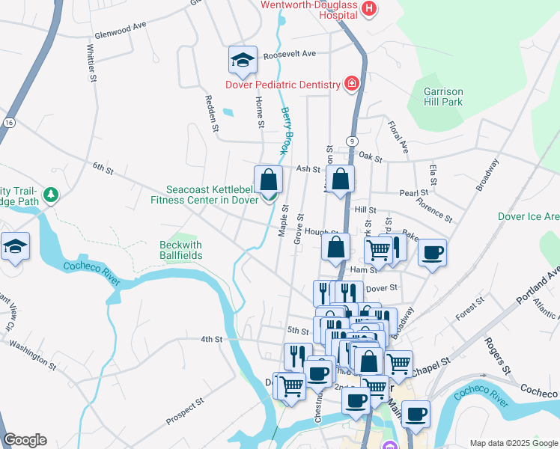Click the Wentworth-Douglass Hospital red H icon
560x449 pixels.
click(368, 9)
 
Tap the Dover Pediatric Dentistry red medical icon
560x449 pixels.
click(351, 84)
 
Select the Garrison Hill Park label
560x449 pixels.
click(443, 97)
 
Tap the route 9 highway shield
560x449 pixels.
click(350, 141)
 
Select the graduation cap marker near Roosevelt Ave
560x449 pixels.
click(243, 60)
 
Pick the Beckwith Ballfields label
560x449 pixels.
click(180, 250)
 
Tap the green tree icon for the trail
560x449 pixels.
click(51, 195)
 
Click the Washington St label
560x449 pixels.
click(33, 355)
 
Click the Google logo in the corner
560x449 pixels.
click(24, 440)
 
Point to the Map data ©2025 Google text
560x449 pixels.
click(513, 443)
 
